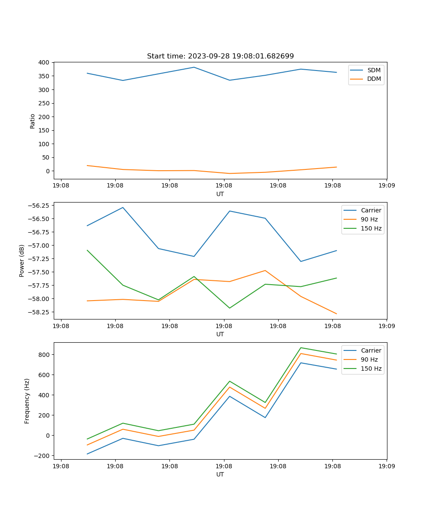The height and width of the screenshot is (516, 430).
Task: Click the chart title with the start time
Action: pos(220,56)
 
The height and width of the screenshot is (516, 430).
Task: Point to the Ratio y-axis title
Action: pos(33,121)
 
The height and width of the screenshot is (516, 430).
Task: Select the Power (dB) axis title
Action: pos(22,261)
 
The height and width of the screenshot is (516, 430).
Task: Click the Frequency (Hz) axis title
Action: pos(27,401)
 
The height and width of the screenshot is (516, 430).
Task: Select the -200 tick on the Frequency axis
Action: pos(42,456)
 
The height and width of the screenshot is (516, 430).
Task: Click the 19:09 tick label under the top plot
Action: pos(386,186)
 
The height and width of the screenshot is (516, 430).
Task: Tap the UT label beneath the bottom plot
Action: pos(220,474)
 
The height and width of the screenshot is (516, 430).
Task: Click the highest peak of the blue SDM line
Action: pos(194,67)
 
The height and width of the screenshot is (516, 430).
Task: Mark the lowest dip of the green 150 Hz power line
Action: pos(230,308)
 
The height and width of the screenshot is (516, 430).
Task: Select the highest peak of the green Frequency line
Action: pos(301,347)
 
